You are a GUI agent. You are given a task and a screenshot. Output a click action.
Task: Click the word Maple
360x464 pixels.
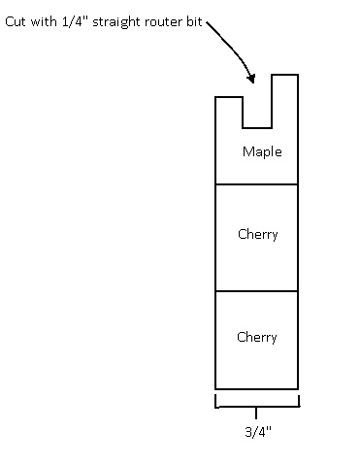pyautogui.click(x=262, y=152)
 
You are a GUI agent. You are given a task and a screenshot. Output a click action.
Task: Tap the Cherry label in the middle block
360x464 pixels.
pyautogui.click(x=258, y=234)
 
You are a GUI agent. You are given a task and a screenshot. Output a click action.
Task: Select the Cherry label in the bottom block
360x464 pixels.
pyautogui.click(x=257, y=337)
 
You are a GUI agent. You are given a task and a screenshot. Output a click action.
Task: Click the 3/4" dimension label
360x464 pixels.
pyautogui.click(x=258, y=432)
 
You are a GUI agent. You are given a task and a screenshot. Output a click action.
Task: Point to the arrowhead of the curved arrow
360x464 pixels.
pyautogui.click(x=251, y=79)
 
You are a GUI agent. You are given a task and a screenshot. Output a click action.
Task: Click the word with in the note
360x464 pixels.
pyautogui.click(x=44, y=21)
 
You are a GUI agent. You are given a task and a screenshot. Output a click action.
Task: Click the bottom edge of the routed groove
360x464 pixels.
pyautogui.click(x=257, y=128)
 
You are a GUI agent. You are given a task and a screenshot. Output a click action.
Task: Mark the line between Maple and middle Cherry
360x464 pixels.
pyautogui.click(x=257, y=184)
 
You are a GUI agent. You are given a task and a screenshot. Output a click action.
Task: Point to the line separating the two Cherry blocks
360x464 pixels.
pyautogui.click(x=257, y=291)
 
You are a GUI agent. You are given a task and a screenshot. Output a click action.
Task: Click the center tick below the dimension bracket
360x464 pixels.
pyautogui.click(x=256, y=413)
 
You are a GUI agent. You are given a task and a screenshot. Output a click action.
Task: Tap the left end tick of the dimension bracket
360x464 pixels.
pyautogui.click(x=215, y=401)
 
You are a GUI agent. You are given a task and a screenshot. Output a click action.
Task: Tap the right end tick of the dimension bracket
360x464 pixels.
pyautogui.click(x=299, y=401)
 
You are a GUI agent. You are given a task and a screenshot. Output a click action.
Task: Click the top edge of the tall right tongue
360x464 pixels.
pyautogui.click(x=284, y=75)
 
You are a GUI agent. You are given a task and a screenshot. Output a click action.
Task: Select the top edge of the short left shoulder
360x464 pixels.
pyautogui.click(x=229, y=97)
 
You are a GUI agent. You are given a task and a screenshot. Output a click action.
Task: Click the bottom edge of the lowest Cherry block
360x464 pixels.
pyautogui.click(x=257, y=389)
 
